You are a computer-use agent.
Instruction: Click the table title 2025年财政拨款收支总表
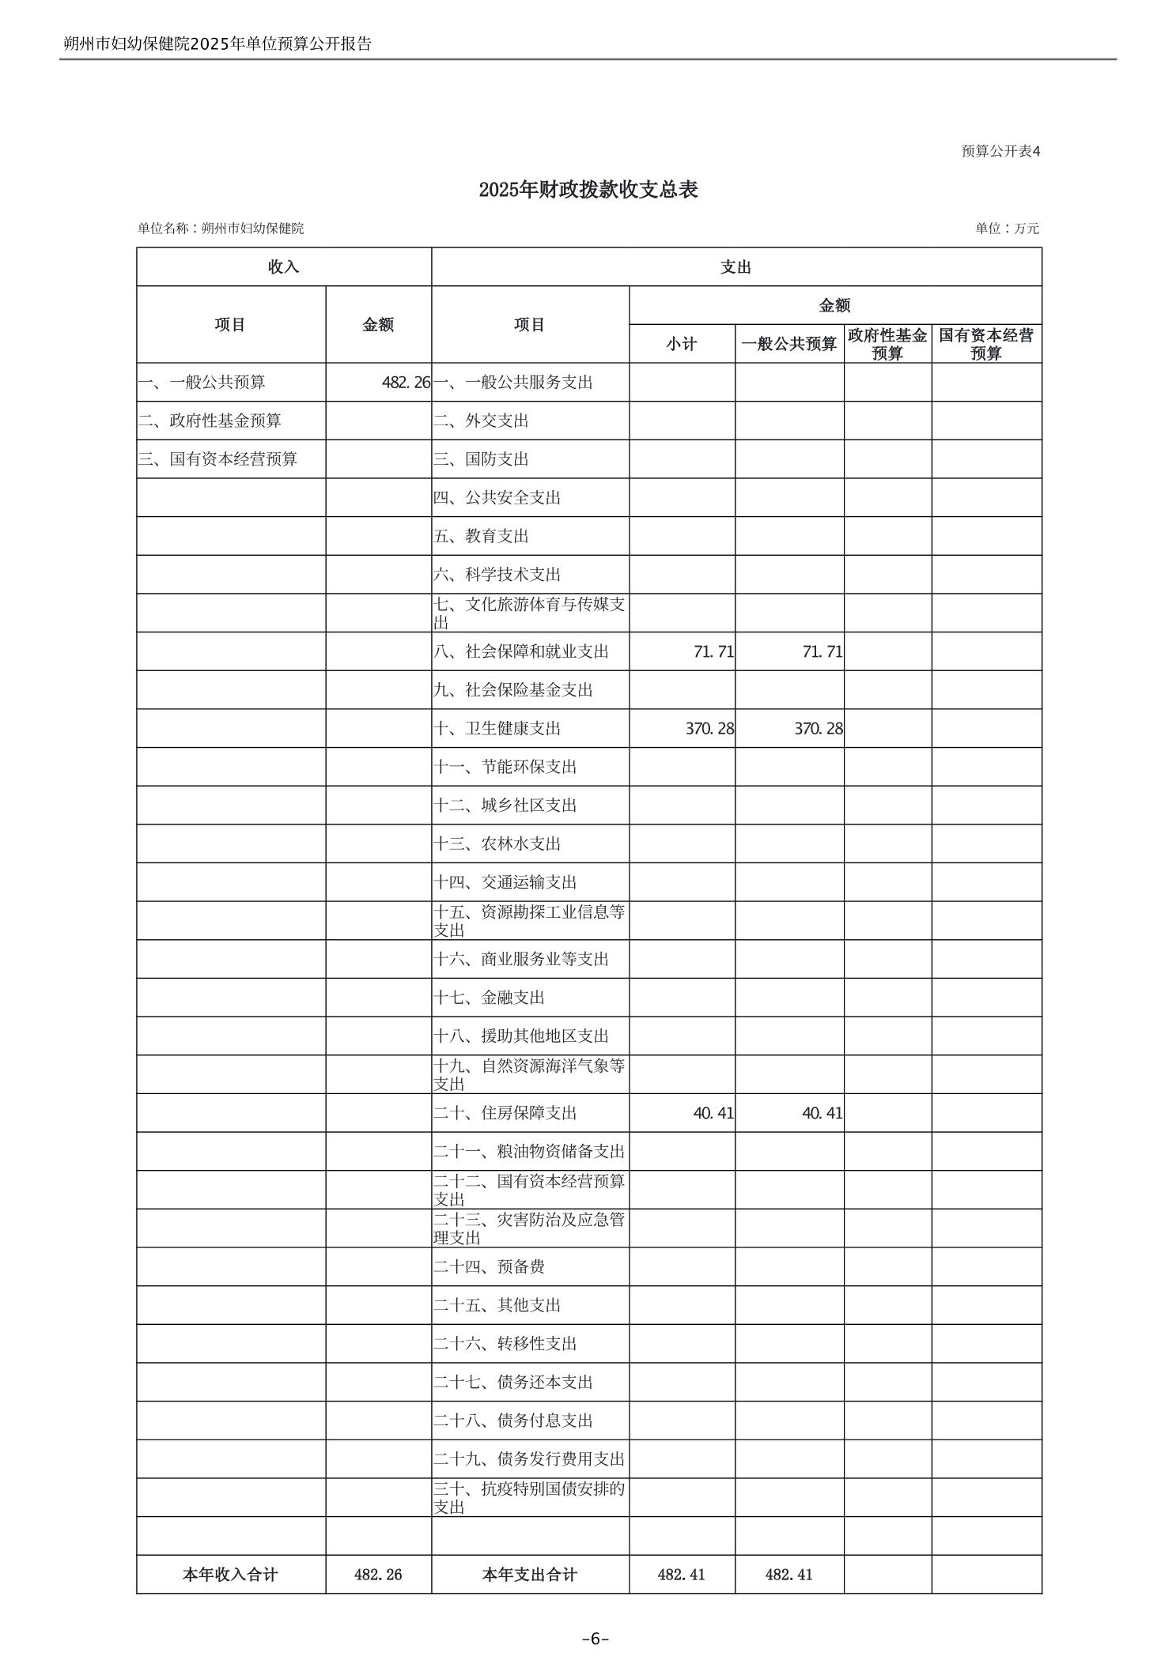(588, 190)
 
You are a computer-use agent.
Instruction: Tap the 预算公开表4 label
(1000, 151)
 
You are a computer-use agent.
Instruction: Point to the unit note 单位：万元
(1007, 228)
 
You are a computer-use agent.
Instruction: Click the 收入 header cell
(283, 267)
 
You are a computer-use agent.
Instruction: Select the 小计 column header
(681, 344)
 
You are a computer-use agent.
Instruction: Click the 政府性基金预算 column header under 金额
(887, 344)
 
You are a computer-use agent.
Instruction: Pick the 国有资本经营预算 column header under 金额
(985, 344)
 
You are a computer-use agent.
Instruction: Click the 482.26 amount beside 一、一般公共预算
(406, 383)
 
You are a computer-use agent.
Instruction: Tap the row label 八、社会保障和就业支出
(521, 651)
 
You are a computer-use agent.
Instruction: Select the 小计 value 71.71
(713, 651)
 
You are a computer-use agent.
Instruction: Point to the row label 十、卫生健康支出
(497, 728)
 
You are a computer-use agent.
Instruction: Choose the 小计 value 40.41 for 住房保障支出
(713, 1113)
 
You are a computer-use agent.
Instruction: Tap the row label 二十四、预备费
(489, 1266)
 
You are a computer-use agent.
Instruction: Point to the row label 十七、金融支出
(489, 998)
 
